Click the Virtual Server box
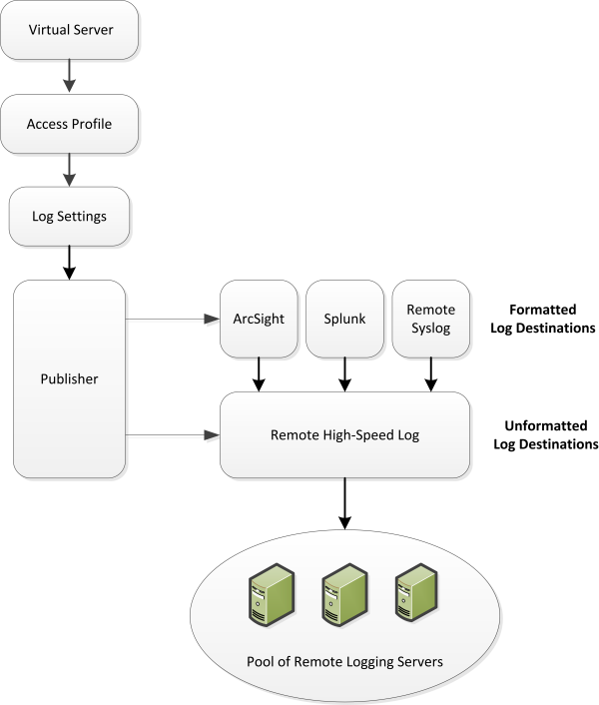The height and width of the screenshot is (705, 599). coord(69,30)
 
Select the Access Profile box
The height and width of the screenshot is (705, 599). coord(69,124)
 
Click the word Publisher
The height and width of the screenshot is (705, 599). coord(69,378)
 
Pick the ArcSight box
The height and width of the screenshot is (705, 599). coord(259,319)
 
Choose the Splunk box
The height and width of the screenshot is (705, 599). coord(344,319)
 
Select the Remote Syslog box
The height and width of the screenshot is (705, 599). coord(431,319)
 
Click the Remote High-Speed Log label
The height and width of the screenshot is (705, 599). coord(344,434)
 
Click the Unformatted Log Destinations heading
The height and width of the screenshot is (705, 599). coord(545,434)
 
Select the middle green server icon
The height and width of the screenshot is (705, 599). coord(334,596)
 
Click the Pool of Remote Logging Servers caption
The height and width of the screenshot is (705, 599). coord(343,662)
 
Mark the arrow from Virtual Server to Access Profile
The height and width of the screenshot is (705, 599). coord(69,76)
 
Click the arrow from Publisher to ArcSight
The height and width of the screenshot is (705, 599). coord(171,320)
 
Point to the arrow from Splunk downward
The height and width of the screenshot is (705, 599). coord(344,374)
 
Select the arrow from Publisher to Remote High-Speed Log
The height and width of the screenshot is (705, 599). coord(171,434)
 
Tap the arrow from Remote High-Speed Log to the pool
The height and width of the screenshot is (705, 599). coord(344,502)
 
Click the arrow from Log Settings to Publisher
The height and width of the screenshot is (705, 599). coord(69,262)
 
